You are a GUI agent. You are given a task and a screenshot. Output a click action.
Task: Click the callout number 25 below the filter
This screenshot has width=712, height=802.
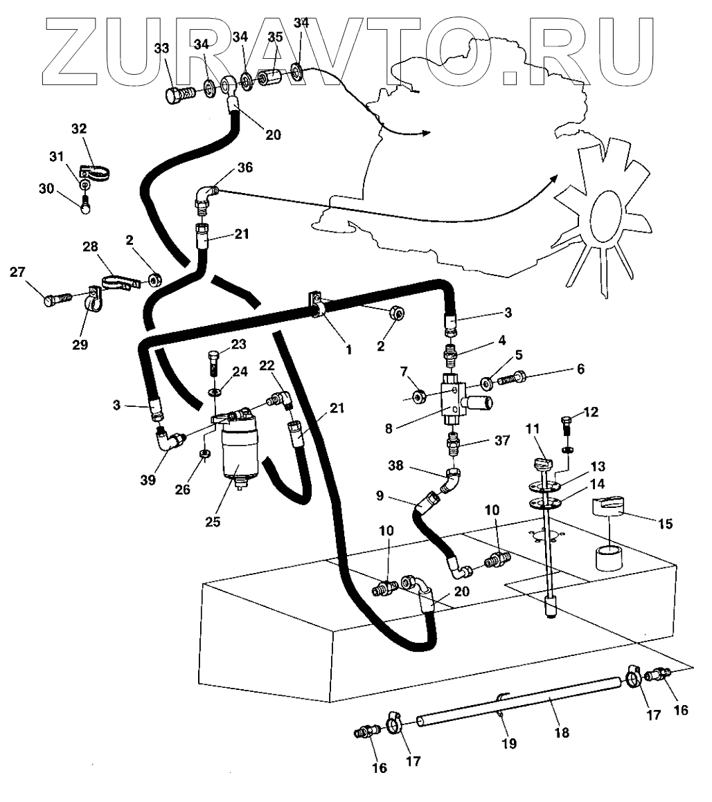(x=213, y=521)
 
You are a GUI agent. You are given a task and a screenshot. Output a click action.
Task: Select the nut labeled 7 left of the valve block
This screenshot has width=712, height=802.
(x=418, y=397)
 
